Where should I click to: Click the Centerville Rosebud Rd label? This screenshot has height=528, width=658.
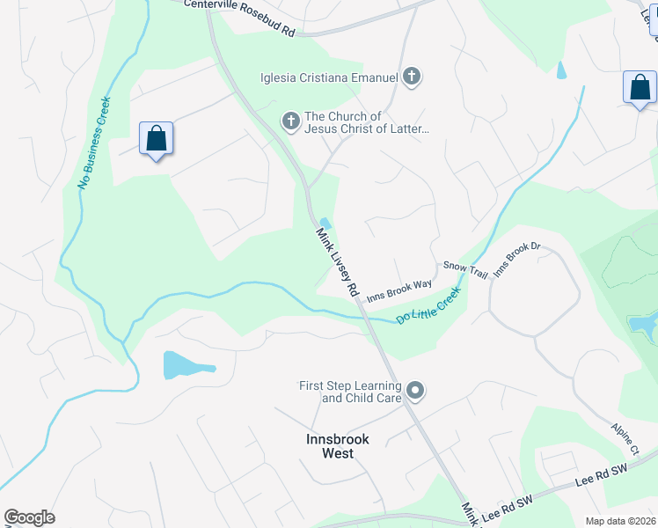point(239,17)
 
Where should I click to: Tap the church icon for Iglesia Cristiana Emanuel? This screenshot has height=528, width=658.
point(411,77)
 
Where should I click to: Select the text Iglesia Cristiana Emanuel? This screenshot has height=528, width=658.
point(329,77)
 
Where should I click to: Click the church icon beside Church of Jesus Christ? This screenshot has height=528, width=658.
point(291,121)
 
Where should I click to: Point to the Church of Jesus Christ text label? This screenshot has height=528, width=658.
point(366,123)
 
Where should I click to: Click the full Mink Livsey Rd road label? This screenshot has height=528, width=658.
point(339,262)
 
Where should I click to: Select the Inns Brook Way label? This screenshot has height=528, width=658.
point(399,290)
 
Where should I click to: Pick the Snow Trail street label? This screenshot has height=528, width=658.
point(464,269)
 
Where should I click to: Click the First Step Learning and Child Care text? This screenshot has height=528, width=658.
point(350,392)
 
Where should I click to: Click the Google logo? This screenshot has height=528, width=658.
point(29,517)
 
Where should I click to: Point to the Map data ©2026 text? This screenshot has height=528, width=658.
point(619,521)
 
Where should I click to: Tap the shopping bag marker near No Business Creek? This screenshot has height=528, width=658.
point(157,140)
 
